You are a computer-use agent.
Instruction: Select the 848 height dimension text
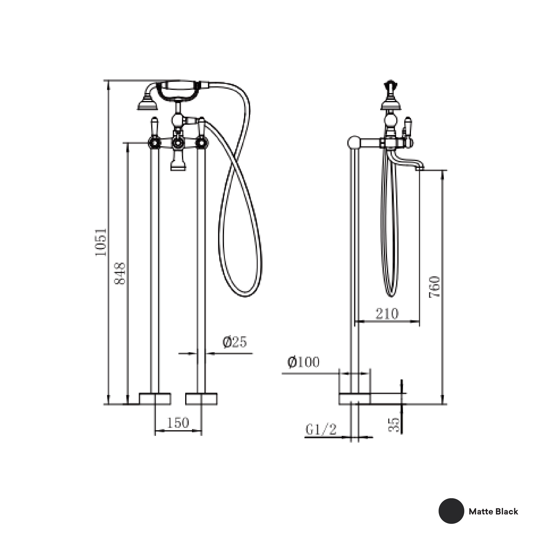pyautogui.click(x=120, y=273)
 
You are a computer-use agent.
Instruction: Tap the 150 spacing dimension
pyautogui.click(x=178, y=423)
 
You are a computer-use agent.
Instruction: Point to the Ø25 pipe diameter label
pyautogui.click(x=234, y=342)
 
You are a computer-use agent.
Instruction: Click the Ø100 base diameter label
pyautogui.click(x=304, y=362)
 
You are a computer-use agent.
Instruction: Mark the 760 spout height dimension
pyautogui.click(x=435, y=287)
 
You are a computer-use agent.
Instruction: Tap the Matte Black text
pyautogui.click(x=493, y=511)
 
